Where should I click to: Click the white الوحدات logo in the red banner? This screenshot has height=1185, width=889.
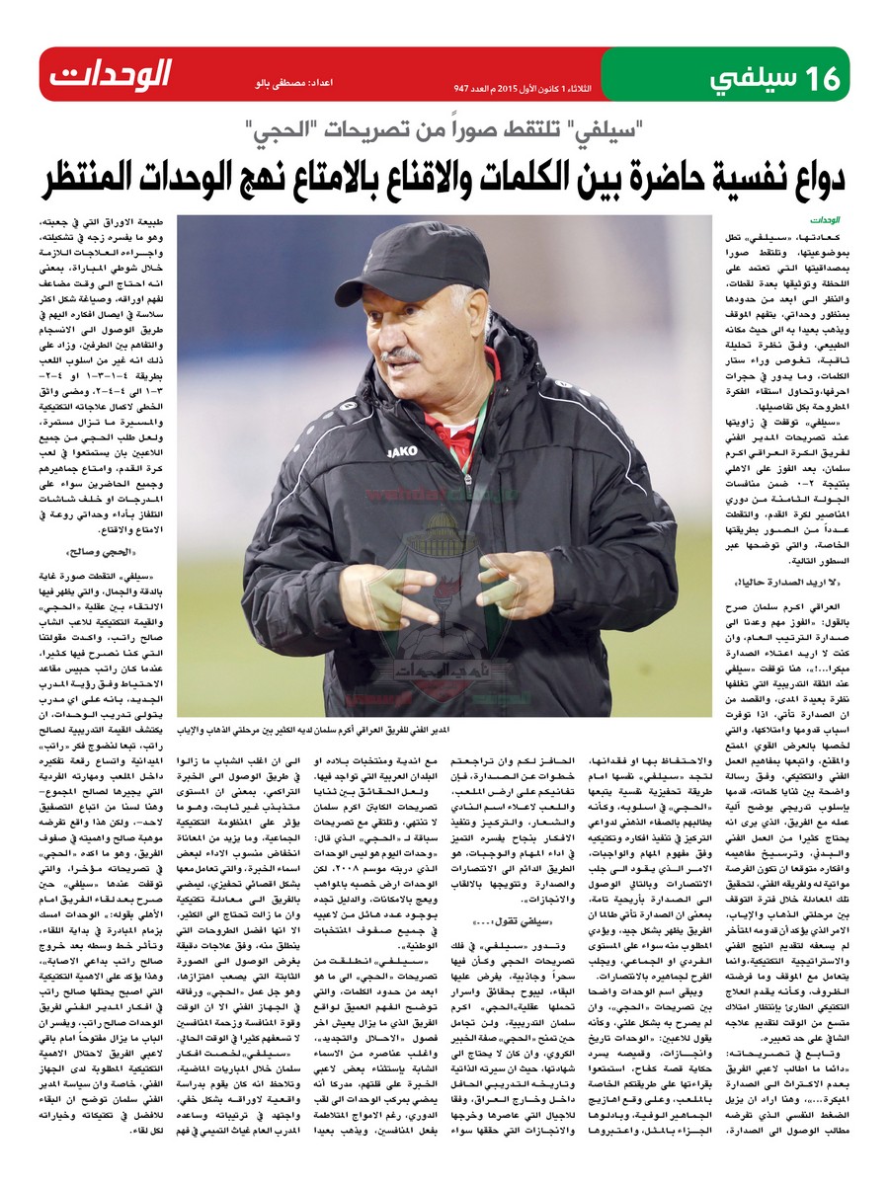pyautogui.click(x=111, y=73)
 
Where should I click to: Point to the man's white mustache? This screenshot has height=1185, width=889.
pyautogui.click(x=405, y=350)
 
